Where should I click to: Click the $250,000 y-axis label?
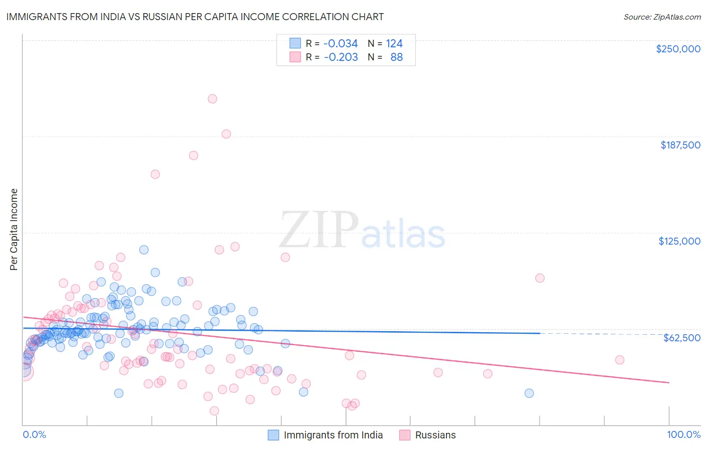[x=678, y=49]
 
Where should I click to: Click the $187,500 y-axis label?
[x=680, y=145]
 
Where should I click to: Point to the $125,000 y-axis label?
[x=679, y=241]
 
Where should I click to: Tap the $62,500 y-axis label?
[x=682, y=338]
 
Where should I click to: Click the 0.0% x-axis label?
[x=34, y=434]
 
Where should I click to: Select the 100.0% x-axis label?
[x=683, y=434]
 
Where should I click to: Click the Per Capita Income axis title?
[x=14, y=230]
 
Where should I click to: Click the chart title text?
[x=195, y=17]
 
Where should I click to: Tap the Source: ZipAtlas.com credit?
[x=662, y=17]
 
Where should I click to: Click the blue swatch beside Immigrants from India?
[x=273, y=435]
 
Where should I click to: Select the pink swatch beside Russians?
[x=405, y=435]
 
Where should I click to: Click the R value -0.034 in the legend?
[x=340, y=44]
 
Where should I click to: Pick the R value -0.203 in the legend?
[x=340, y=57]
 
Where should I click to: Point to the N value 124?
[x=394, y=44]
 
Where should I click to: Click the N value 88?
[x=396, y=57]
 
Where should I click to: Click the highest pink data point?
[x=212, y=99]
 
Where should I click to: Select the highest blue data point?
[x=144, y=250]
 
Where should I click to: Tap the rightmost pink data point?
[x=620, y=360]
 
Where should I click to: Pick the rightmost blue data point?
[x=529, y=393]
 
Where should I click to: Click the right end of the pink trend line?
[x=669, y=383]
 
